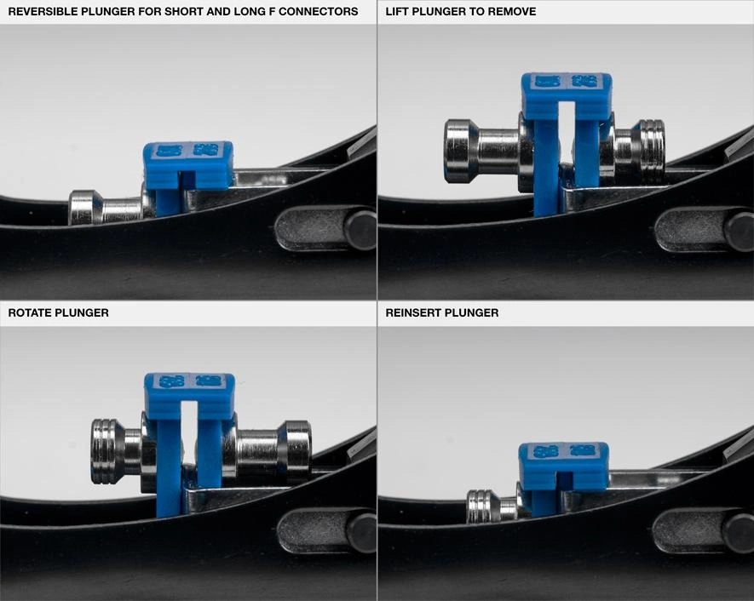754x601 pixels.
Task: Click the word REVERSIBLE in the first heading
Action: click(x=43, y=12)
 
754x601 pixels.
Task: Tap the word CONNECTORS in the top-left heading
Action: click(x=319, y=12)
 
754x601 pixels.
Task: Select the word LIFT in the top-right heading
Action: click(x=395, y=12)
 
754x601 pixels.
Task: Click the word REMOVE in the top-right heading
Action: click(x=513, y=12)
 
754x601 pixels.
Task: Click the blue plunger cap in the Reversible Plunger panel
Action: click(x=188, y=165)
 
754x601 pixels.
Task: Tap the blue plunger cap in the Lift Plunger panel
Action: click(x=567, y=96)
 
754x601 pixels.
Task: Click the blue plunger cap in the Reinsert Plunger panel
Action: click(x=563, y=466)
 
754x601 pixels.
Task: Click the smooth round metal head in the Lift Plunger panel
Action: click(x=461, y=152)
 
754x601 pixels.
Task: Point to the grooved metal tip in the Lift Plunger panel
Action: click(x=650, y=146)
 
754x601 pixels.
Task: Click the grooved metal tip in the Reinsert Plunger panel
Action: click(x=480, y=507)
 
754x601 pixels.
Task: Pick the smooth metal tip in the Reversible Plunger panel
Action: click(x=85, y=208)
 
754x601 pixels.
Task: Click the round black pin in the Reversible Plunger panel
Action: click(x=360, y=230)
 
